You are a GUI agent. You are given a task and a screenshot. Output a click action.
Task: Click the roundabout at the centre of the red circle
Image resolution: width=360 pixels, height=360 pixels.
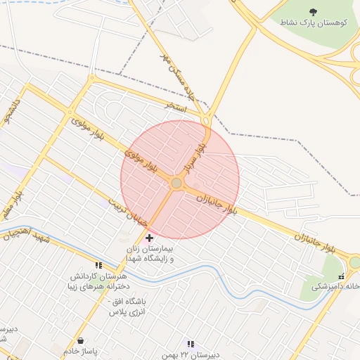176,184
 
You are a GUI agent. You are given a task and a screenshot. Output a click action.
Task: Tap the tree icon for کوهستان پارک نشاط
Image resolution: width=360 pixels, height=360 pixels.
313,12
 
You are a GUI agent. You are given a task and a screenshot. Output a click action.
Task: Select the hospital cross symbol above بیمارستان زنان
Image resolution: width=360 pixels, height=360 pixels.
149,238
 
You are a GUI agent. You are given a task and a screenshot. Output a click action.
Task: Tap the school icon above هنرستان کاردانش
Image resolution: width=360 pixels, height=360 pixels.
98,266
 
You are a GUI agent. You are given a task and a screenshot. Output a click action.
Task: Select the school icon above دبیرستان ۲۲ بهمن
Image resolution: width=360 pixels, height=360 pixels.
190,344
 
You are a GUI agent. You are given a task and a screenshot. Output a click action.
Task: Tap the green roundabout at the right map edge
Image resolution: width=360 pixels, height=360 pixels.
355,262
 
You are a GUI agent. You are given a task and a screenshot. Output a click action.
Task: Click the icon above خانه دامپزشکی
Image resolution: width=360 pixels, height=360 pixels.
341,276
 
